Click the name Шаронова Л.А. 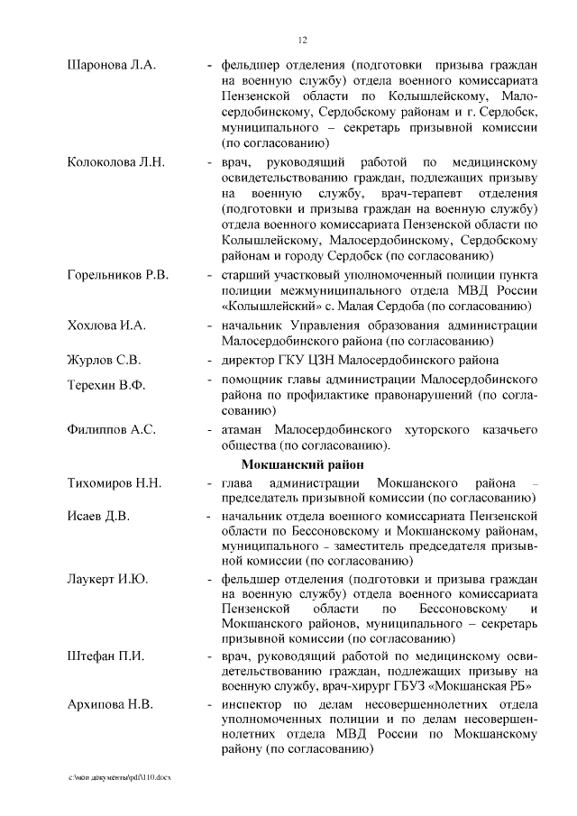point(112,65)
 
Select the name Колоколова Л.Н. point(115,162)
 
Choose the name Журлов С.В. point(104,360)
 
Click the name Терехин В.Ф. point(105,385)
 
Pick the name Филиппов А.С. point(112,429)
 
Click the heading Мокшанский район point(302,465)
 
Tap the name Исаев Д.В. point(98,516)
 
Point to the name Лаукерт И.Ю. point(107,579)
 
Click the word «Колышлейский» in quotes point(263,307)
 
